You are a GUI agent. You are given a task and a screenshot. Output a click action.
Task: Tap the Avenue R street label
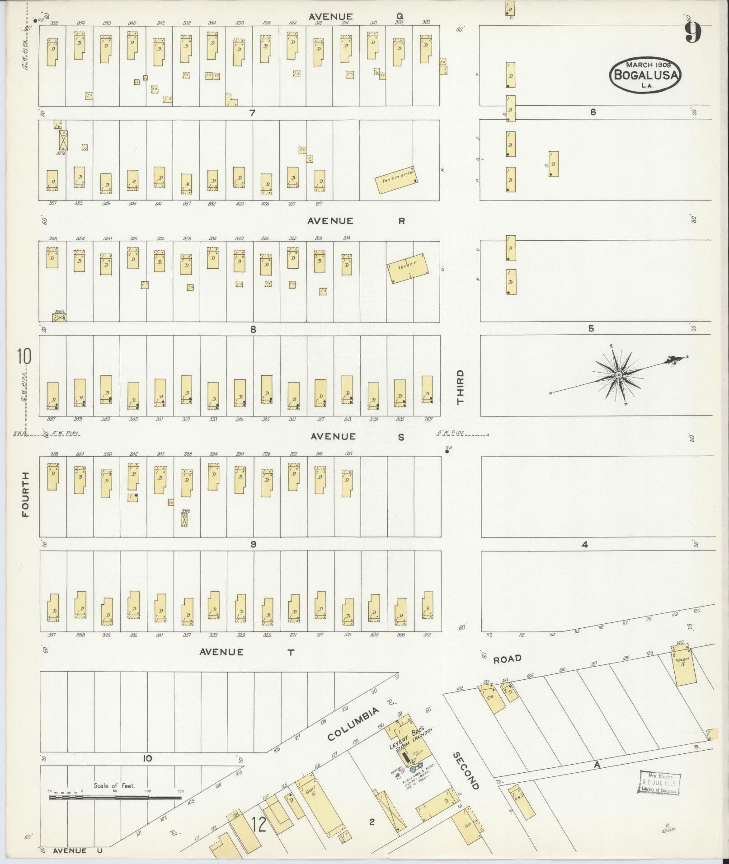pyautogui.click(x=356, y=221)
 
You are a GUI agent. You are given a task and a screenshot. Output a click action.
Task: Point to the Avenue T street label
pyautogui.click(x=246, y=652)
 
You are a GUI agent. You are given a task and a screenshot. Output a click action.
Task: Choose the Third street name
pyautogui.click(x=460, y=387)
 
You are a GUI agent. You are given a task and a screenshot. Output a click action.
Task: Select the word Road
pyautogui.click(x=507, y=659)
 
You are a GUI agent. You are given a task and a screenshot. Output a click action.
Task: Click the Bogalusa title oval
pyautogui.click(x=645, y=75)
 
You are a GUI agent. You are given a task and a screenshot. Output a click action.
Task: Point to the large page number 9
pyautogui.click(x=693, y=33)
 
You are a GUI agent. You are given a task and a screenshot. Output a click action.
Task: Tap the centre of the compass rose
pyautogui.click(x=618, y=375)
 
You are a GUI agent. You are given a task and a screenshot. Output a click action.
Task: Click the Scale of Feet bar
pyautogui.click(x=115, y=797)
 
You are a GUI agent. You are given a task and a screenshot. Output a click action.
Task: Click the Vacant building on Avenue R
pyautogui.click(x=409, y=268)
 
